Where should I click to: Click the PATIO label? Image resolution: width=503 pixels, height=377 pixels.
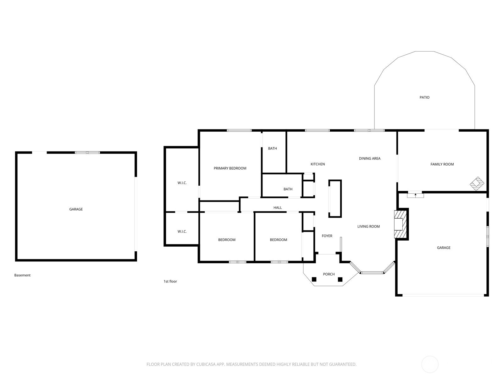(424, 97)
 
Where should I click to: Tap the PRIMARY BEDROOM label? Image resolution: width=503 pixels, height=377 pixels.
(230, 168)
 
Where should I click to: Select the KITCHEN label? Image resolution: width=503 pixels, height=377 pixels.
(318, 164)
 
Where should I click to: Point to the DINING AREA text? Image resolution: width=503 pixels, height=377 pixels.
(370, 158)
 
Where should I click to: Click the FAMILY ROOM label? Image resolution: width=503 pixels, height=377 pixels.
(442, 164)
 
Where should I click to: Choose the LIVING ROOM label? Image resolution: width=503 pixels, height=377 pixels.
(368, 227)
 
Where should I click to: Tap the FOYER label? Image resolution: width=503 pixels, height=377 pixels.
(327, 236)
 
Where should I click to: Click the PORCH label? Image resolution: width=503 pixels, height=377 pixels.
(329, 274)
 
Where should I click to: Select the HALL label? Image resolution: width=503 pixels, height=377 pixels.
(278, 208)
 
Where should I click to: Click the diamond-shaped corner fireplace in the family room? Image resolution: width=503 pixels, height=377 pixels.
(477, 183)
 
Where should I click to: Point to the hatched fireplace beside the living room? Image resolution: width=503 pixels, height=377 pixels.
(400, 224)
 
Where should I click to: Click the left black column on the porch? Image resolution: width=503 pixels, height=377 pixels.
(314, 280)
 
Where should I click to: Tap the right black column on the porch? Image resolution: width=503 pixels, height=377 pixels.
(340, 280)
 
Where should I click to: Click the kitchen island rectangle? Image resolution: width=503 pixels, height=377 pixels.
(335, 199)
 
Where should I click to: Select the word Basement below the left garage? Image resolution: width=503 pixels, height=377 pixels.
(22, 275)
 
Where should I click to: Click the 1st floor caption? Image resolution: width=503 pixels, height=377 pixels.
(170, 281)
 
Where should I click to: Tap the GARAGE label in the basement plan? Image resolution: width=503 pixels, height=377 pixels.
(76, 209)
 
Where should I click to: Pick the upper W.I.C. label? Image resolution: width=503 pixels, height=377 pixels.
(182, 183)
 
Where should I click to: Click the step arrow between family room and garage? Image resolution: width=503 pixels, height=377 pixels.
(416, 195)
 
